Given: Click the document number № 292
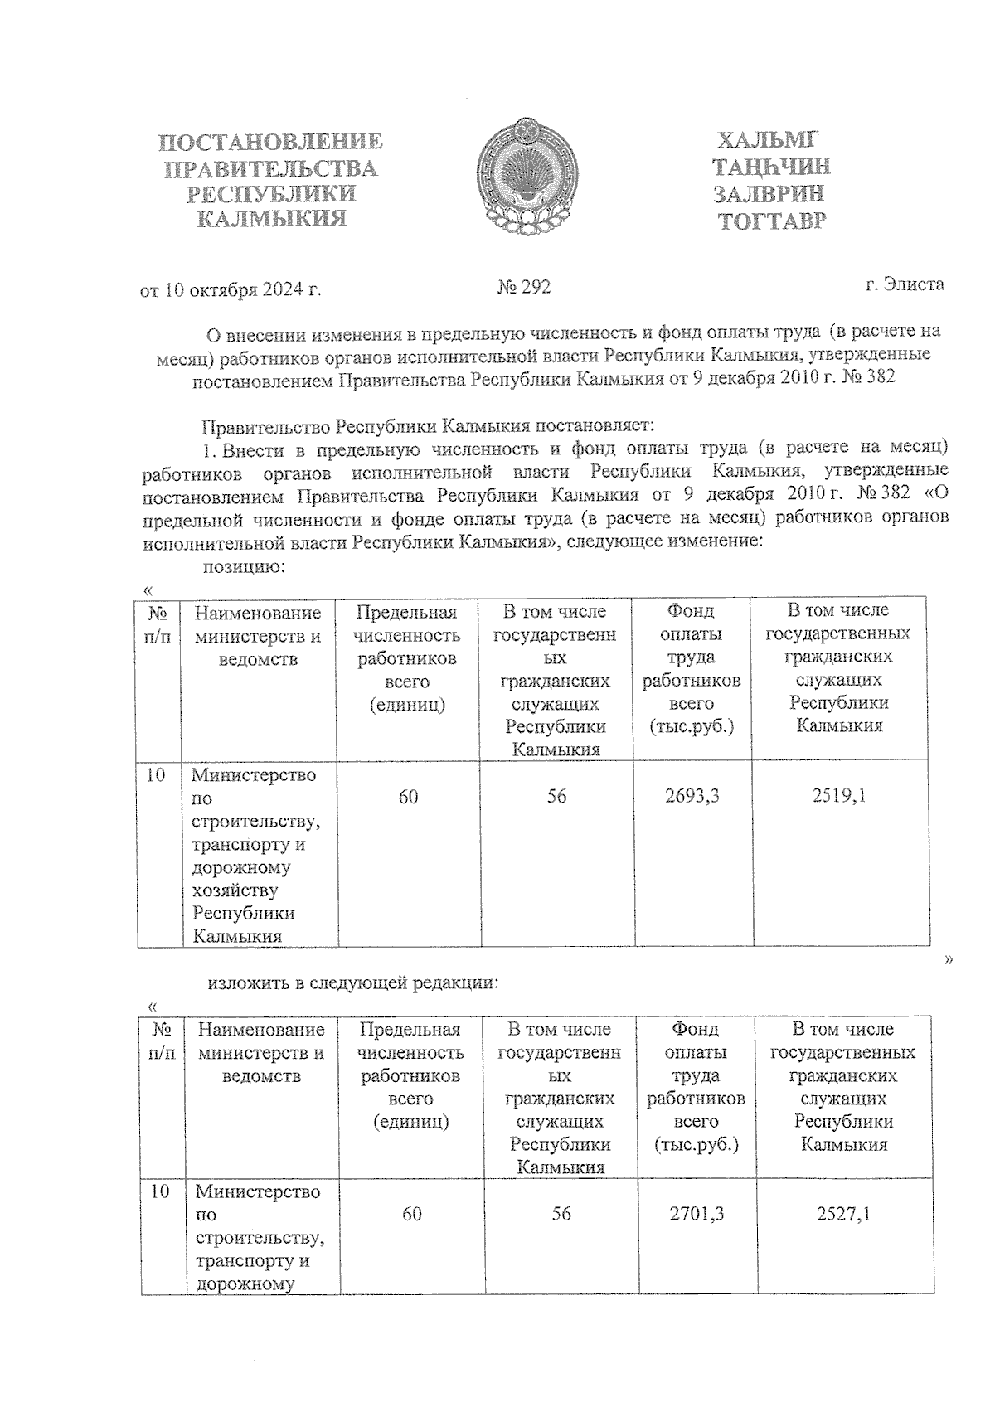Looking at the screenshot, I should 524,288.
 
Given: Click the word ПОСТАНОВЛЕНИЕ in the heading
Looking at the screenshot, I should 270,142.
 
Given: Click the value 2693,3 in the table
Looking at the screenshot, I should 692,796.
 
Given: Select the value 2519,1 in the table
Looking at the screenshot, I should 839,796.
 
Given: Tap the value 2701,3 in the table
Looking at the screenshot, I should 696,1214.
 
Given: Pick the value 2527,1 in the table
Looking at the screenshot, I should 843,1214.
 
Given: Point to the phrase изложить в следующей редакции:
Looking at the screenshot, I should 353,984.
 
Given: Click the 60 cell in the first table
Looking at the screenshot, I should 408,797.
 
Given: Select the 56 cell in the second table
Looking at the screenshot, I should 561,1214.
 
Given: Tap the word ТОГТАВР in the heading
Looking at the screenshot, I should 772,221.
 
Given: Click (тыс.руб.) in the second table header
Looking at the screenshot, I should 696,1145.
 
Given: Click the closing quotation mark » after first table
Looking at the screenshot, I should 948,960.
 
